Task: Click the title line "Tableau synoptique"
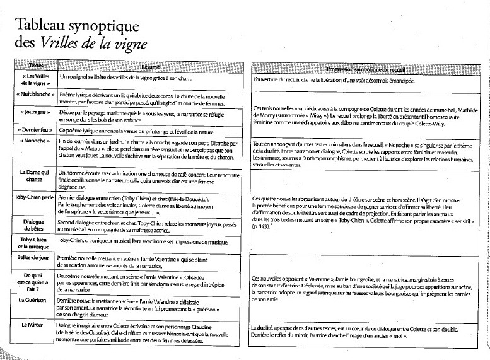69,25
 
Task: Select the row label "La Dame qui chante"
33,176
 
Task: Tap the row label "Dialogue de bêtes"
32,225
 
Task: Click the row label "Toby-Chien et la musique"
32,243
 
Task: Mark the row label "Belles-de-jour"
32,259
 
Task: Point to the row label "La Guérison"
33,301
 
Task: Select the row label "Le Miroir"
33,325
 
